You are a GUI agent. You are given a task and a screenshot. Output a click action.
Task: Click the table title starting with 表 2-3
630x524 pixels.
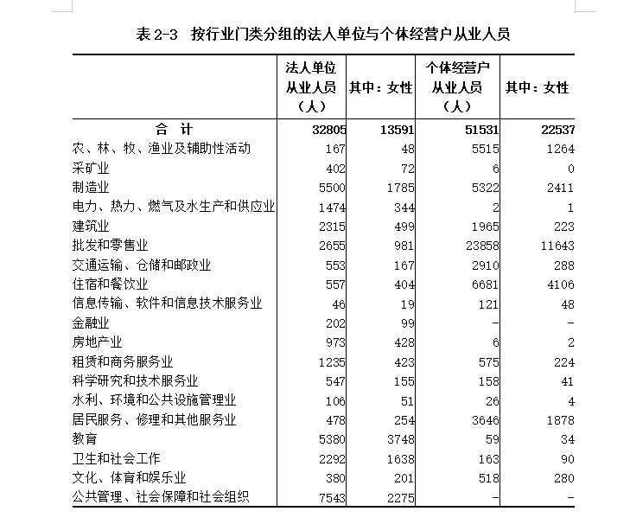(323, 35)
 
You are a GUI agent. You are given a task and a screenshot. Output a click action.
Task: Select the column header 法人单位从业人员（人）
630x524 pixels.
(310, 86)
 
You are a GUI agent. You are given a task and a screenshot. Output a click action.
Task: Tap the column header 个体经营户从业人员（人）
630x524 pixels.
(457, 86)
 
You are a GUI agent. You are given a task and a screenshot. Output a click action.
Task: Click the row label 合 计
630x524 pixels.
(174, 129)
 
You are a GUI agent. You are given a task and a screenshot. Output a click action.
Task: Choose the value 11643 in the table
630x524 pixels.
(556, 246)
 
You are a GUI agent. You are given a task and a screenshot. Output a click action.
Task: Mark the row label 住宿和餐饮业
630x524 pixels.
(110, 284)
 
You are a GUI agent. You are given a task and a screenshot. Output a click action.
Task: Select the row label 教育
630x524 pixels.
(84, 439)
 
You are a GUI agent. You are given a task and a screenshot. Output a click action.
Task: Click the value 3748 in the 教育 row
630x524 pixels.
(398, 439)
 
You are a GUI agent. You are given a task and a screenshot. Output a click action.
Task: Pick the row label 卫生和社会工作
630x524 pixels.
(116, 458)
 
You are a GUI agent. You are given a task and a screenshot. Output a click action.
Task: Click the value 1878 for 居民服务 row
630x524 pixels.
(559, 419)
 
